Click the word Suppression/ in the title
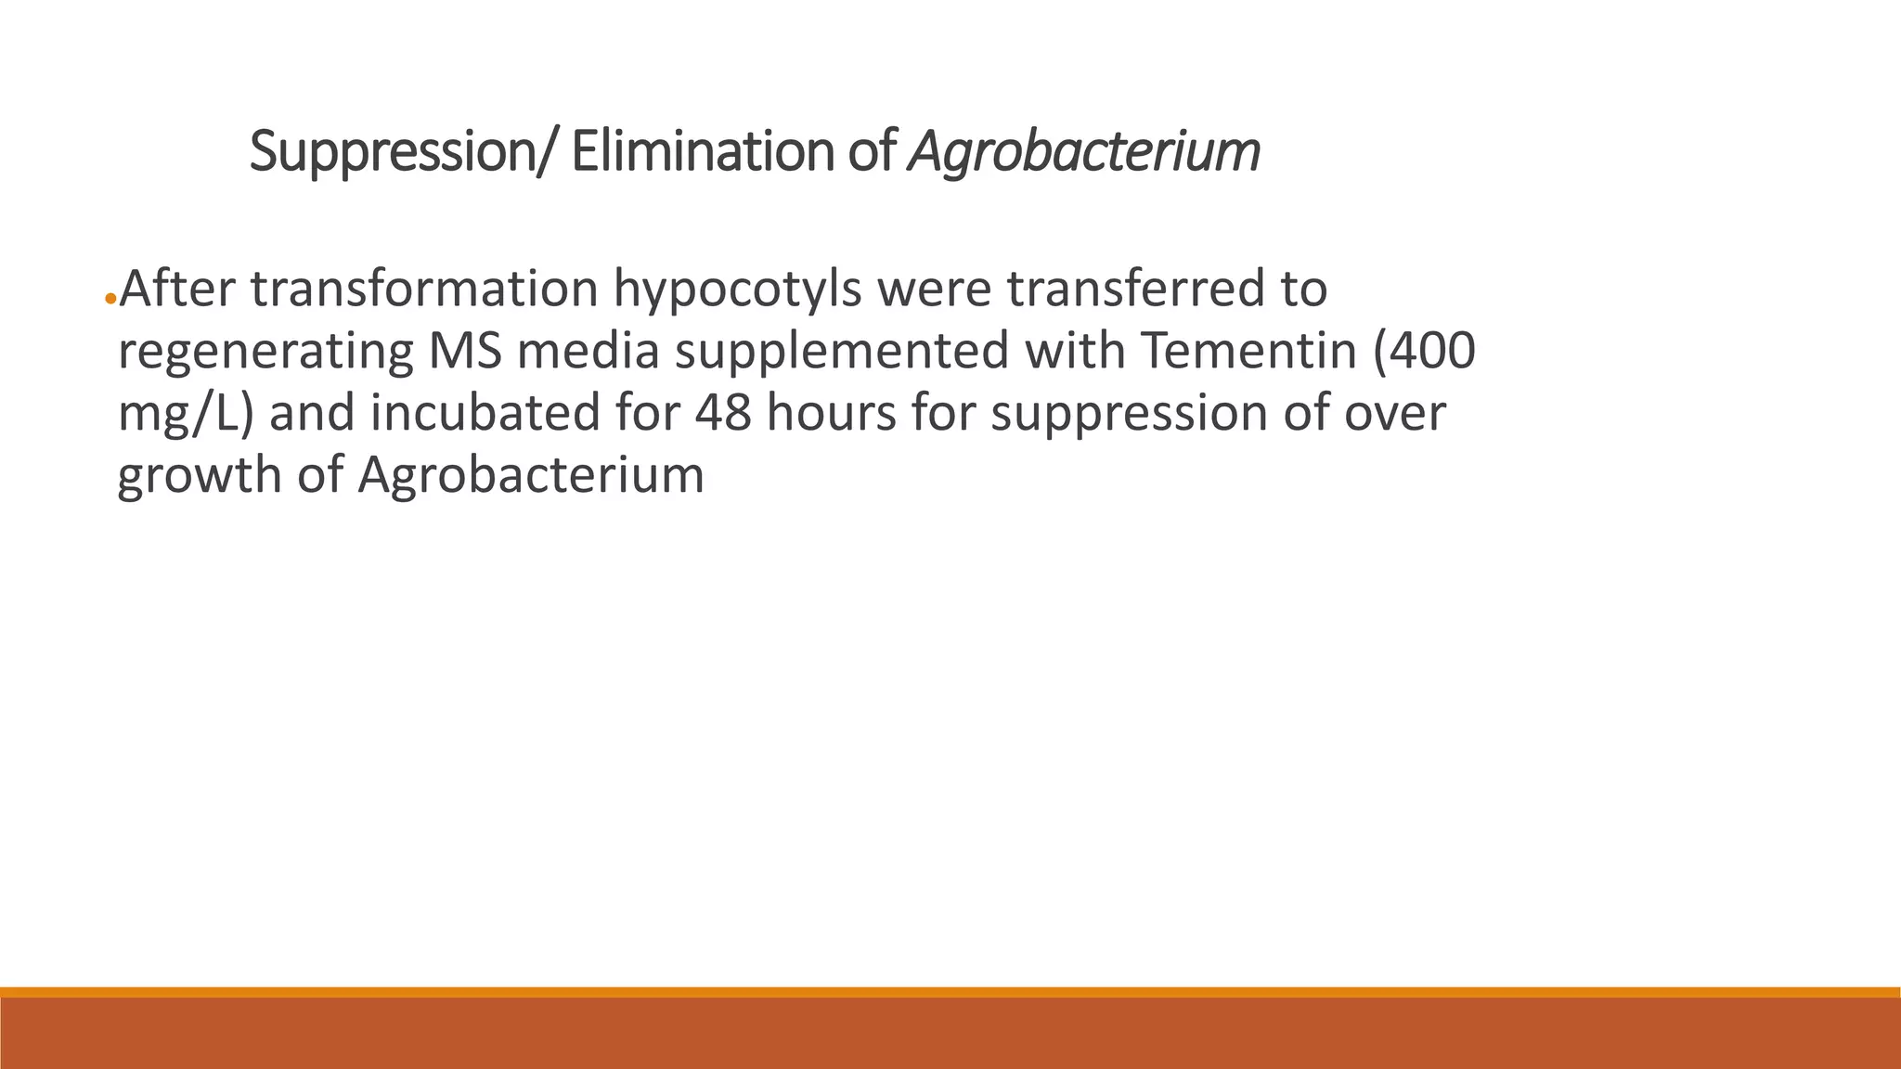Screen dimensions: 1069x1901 pos(404,152)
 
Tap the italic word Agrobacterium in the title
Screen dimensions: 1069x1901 pos(1084,152)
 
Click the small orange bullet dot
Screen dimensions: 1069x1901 pos(110,299)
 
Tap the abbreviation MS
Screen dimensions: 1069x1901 pos(465,352)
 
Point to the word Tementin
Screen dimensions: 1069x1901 pos(1248,352)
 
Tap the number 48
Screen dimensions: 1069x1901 pos(722,413)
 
